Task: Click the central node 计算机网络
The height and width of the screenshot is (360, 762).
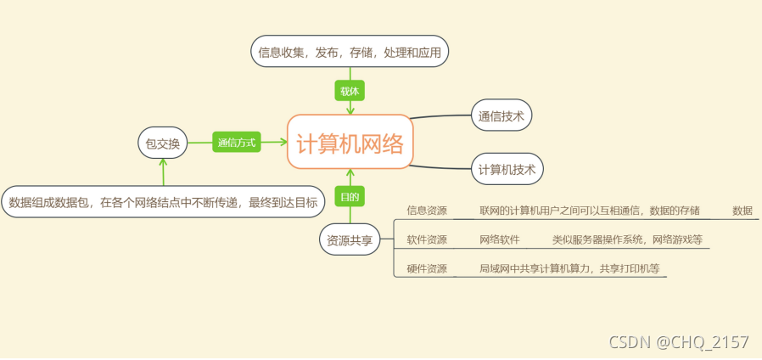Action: tap(350, 142)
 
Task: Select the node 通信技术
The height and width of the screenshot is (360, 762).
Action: tap(501, 115)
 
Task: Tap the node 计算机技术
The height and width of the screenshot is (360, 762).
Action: tap(507, 169)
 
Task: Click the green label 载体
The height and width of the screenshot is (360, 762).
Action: tap(350, 90)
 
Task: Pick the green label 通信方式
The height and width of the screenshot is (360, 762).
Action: tap(236, 143)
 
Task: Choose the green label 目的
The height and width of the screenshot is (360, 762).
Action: tap(350, 197)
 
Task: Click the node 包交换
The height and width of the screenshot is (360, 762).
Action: tap(162, 143)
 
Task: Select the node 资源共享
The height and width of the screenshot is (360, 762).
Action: tap(350, 240)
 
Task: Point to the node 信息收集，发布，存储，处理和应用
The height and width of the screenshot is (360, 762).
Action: tap(350, 52)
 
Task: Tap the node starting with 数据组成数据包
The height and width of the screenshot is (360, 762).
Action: tap(163, 202)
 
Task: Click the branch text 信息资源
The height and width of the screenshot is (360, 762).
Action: tap(427, 210)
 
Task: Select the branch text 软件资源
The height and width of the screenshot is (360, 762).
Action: tap(427, 239)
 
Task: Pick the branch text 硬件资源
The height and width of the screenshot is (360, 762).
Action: tap(427, 268)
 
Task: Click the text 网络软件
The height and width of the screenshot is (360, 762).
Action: tap(500, 239)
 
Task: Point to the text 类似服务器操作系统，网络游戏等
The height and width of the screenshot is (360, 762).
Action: tap(627, 239)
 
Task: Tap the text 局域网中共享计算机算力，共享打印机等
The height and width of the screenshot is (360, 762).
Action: tap(569, 268)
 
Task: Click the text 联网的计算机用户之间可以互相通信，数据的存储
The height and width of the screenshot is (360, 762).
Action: tap(590, 210)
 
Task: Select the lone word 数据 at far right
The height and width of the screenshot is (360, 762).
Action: tap(742, 210)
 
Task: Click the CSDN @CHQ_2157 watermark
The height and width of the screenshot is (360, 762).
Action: tap(679, 342)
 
